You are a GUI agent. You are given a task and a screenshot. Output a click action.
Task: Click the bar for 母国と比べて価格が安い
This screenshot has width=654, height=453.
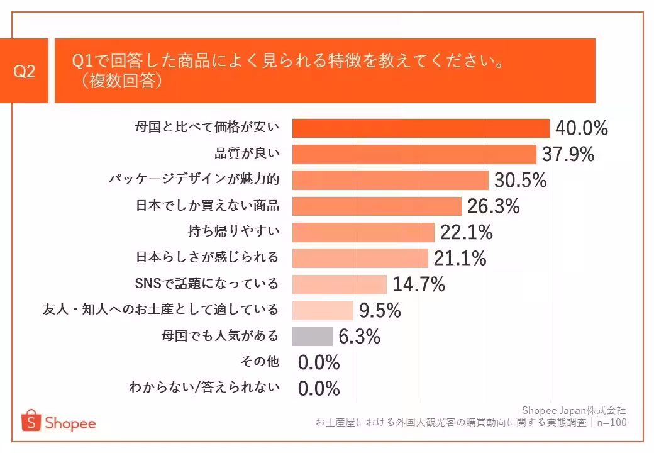pyautogui.click(x=421, y=128)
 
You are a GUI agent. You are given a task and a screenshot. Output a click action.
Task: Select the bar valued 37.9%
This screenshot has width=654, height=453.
pyautogui.click(x=414, y=154)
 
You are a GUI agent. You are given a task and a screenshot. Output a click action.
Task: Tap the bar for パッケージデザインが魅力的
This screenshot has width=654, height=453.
pyautogui.click(x=391, y=181)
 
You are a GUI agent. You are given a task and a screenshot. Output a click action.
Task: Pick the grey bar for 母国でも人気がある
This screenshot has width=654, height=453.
pyautogui.click(x=313, y=337)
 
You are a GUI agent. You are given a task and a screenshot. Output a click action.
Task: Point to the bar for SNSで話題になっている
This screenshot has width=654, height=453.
pyautogui.click(x=340, y=284)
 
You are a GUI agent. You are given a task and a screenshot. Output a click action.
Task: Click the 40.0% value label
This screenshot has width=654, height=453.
pyautogui.click(x=582, y=128)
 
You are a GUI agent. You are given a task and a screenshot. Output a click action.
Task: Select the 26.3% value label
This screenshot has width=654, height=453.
pyautogui.click(x=493, y=206)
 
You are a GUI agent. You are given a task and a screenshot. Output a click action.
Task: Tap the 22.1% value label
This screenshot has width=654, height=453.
pyautogui.click(x=466, y=233)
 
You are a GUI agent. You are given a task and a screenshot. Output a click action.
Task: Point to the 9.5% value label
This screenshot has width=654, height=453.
pyautogui.click(x=380, y=310)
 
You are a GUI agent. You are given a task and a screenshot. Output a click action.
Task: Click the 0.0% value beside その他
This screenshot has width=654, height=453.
pyautogui.click(x=319, y=362)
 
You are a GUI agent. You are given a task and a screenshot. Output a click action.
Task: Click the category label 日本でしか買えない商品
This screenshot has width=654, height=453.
pyautogui.click(x=208, y=206)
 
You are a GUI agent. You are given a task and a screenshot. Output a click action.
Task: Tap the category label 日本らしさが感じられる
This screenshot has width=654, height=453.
pyautogui.click(x=208, y=258)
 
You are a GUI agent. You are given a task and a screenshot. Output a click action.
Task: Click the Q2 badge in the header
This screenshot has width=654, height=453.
pyautogui.click(x=25, y=71)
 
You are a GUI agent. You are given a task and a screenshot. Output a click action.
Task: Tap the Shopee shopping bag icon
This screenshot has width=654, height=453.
pyautogui.click(x=30, y=421)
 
